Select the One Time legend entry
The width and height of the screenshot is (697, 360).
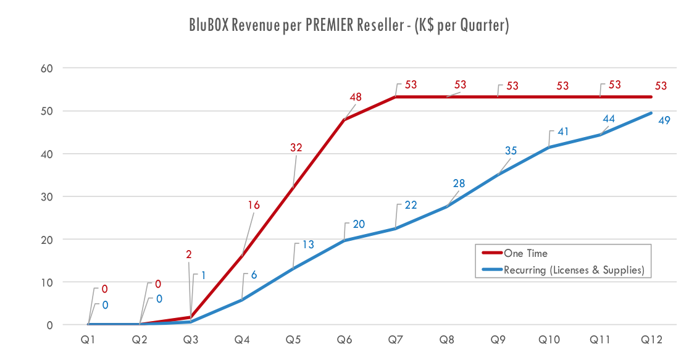tap(525, 253)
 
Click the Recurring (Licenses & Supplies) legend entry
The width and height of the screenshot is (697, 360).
tap(574, 270)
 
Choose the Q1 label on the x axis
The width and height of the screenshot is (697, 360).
tap(88, 340)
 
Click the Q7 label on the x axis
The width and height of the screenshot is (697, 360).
tap(396, 340)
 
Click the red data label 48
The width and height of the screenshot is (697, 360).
tap(355, 98)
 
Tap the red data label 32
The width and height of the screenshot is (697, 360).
tap(297, 148)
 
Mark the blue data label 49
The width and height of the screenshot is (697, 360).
tap(664, 120)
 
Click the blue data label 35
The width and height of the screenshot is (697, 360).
tap(510, 151)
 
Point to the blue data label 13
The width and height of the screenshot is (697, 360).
tap(307, 245)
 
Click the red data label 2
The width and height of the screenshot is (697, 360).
tap(188, 254)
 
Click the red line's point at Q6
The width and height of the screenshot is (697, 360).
tap(344, 119)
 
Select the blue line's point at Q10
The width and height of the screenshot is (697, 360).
tap(549, 148)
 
